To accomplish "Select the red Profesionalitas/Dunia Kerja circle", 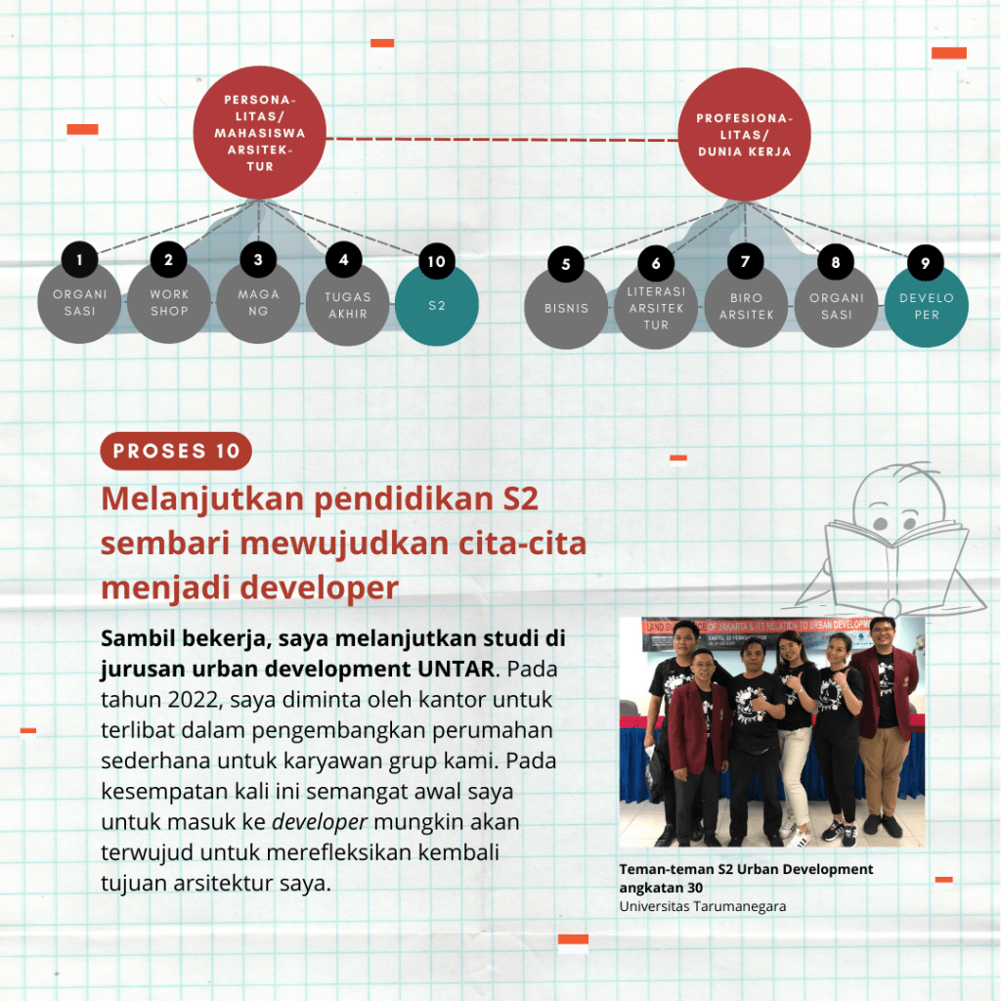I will click(x=744, y=136).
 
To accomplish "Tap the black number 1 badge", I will click(x=79, y=260).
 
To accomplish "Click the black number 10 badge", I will click(x=437, y=262).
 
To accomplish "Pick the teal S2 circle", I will click(x=437, y=305).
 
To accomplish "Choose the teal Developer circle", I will click(x=926, y=306).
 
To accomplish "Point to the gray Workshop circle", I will click(x=169, y=303).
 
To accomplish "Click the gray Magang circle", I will click(x=258, y=303).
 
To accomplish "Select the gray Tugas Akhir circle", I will click(x=348, y=306).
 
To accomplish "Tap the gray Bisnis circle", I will click(x=566, y=309).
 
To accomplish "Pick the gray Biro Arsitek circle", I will click(x=746, y=307).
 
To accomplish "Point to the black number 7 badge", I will click(x=746, y=262).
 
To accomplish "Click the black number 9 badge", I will click(x=926, y=262).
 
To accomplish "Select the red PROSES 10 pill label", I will click(x=176, y=451).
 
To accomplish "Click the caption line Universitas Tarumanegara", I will click(x=702, y=906).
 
